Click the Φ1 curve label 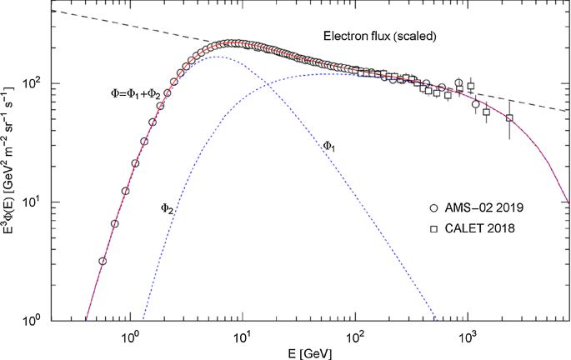tap(329, 146)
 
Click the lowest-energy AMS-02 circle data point tap(103, 261)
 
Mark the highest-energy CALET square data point tap(509, 117)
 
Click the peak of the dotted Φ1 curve tap(214, 57)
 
